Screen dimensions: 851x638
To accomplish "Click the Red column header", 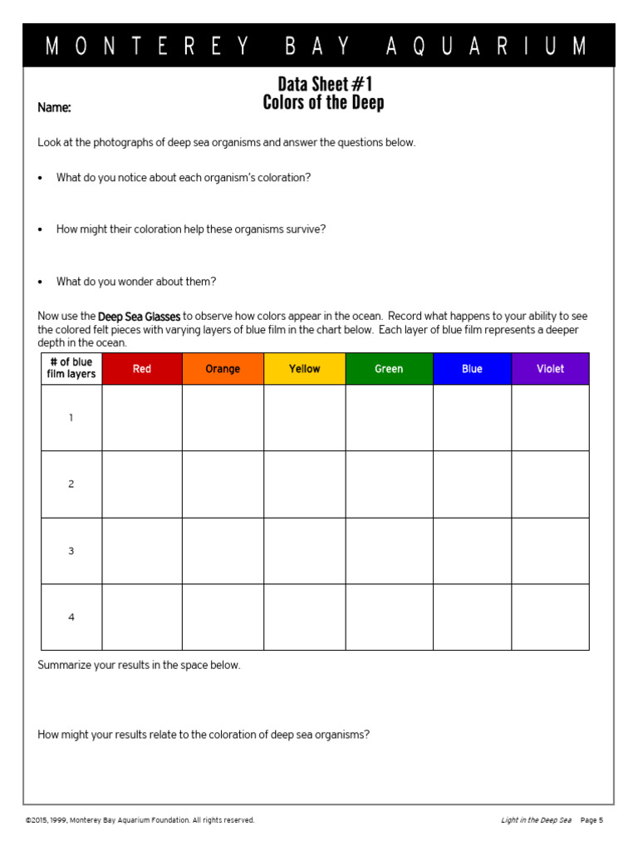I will click(142, 369).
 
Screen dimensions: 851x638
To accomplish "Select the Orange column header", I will click(223, 369).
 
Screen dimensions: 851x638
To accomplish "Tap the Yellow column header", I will click(304, 369).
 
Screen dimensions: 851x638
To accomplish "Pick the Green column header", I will click(389, 369).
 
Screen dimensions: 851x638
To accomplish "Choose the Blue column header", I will click(472, 369).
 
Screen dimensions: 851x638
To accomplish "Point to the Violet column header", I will click(550, 369).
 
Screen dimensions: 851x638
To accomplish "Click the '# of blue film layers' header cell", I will click(71, 368).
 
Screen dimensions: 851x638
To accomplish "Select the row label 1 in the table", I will click(71, 418).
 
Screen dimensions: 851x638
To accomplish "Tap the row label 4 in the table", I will click(71, 617).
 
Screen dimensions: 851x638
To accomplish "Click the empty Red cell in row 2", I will click(142, 485).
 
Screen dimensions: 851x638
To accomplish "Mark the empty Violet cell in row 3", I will click(550, 551).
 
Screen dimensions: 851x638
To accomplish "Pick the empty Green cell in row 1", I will click(389, 418).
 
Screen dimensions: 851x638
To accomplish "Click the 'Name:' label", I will click(54, 108).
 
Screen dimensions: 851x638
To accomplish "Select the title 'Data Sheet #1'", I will click(324, 84).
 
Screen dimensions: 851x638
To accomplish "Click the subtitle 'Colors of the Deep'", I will click(324, 103).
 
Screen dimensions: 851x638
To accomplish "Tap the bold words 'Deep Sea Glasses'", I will click(139, 317).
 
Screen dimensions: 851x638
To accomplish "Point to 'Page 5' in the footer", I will click(591, 820).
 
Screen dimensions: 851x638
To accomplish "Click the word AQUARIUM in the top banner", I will click(486, 47).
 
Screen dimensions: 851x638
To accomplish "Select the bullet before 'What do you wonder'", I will click(41, 283).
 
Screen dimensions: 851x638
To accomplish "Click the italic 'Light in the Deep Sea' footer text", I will click(536, 820).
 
